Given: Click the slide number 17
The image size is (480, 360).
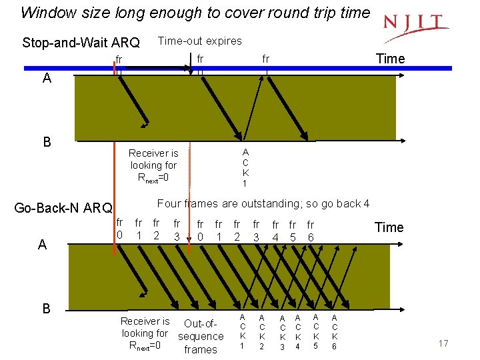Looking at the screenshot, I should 443,343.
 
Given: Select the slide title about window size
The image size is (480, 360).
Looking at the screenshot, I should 195,13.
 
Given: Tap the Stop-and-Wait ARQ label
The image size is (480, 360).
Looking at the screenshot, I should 81,43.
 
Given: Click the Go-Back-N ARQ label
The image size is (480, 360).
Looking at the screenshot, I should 63,208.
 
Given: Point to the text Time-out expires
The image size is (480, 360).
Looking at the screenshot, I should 200,41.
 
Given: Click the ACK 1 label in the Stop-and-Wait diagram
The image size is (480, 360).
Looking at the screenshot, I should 245,167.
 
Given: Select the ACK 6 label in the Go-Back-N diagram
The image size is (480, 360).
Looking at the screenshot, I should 335,331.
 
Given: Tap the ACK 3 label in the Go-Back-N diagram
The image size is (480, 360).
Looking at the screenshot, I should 283,332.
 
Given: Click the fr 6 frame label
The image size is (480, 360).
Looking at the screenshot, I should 311,231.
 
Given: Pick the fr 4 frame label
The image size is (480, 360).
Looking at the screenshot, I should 275,231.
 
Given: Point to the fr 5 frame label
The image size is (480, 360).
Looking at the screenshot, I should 293,231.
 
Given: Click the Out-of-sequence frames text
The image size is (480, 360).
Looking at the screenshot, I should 201,337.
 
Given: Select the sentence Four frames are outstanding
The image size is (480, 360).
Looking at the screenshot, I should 263,203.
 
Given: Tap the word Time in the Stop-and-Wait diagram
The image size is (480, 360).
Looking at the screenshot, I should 390,59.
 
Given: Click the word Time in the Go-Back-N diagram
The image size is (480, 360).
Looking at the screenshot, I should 389,227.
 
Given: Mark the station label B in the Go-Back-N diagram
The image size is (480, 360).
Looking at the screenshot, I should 46,308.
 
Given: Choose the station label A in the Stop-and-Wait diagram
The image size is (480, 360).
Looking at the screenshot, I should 47,78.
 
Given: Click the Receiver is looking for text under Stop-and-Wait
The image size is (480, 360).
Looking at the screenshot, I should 153,165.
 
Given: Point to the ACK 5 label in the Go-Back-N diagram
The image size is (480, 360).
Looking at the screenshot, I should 316,331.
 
